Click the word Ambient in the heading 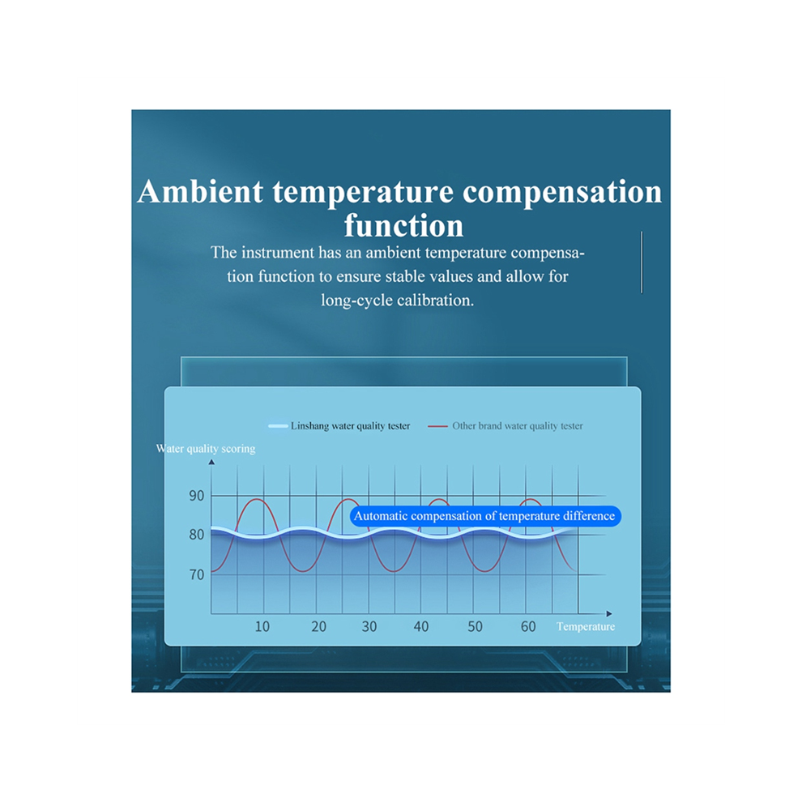point(200,192)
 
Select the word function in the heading point(403,225)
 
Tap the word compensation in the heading point(562,193)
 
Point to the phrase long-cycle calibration point(397,300)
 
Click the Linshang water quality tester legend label point(350,425)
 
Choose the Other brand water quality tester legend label point(517,425)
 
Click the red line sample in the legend point(437,426)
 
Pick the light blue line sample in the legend point(278,426)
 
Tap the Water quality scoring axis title point(206,449)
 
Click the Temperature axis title point(586,626)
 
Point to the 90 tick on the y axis point(196,496)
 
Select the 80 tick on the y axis point(196,535)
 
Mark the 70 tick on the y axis point(196,575)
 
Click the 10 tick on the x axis point(262,626)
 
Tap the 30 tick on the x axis point(369,626)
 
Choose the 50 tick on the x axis point(476,626)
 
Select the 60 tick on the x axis point(528,626)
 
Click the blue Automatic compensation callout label point(485,516)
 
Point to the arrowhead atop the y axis point(211,462)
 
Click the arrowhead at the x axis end point(609,613)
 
